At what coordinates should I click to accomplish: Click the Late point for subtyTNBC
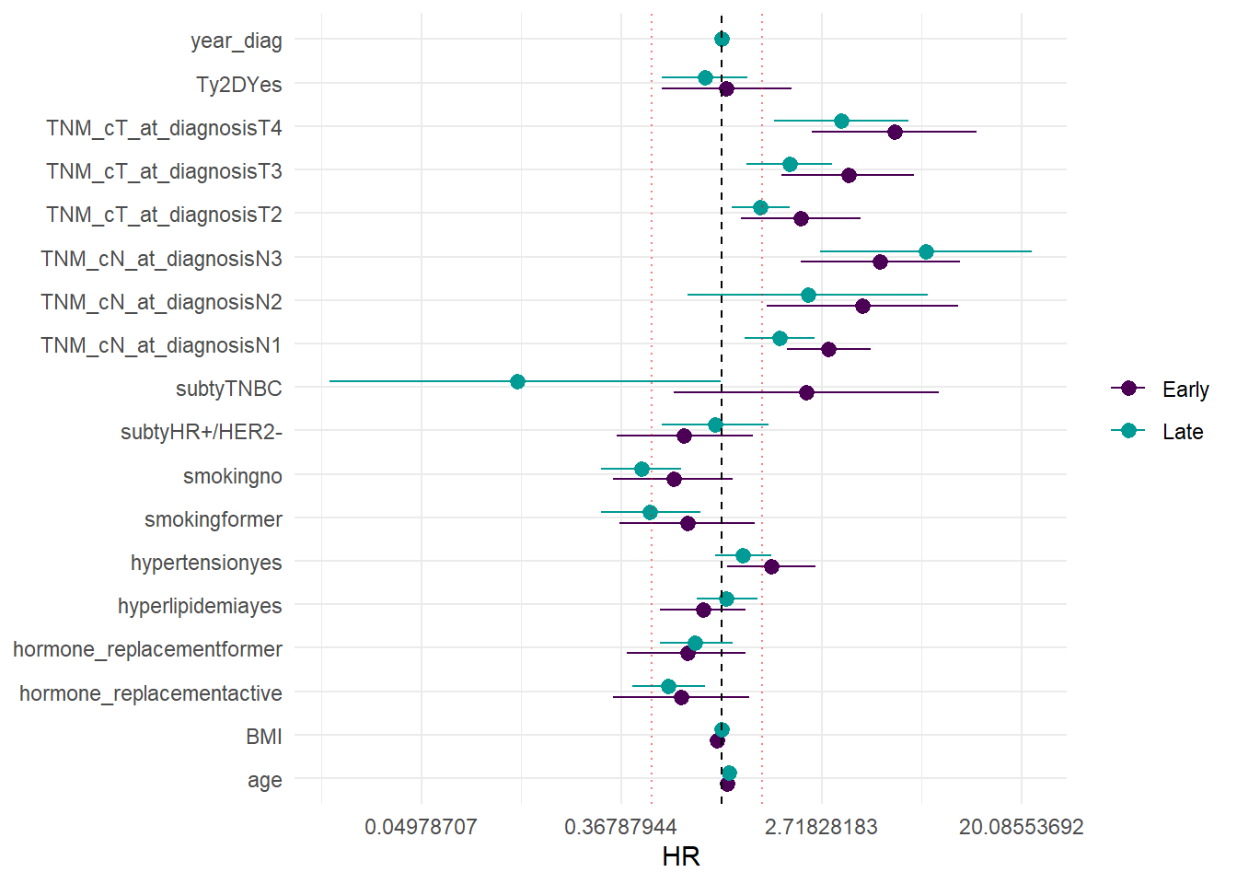517,381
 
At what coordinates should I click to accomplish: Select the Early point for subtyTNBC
806,392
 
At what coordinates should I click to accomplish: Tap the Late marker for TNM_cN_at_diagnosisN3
926,251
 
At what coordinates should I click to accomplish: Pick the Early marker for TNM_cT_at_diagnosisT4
895,132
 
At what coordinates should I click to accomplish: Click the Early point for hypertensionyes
771,566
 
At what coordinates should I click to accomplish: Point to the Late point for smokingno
642,469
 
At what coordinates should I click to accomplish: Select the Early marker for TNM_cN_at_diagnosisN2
862,306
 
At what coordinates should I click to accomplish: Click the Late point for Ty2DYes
705,77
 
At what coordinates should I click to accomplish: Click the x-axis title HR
681,856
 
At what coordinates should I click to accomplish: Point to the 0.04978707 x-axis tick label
421,826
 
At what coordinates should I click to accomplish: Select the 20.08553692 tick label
1021,826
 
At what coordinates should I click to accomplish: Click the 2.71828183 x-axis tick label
821,826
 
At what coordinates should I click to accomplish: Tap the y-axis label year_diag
236,41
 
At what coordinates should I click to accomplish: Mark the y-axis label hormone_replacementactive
151,692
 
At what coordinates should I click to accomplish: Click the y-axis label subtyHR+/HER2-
202,432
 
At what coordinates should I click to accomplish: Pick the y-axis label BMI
264,737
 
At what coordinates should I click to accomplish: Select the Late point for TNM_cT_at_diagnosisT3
790,164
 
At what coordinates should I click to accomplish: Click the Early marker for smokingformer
688,523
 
